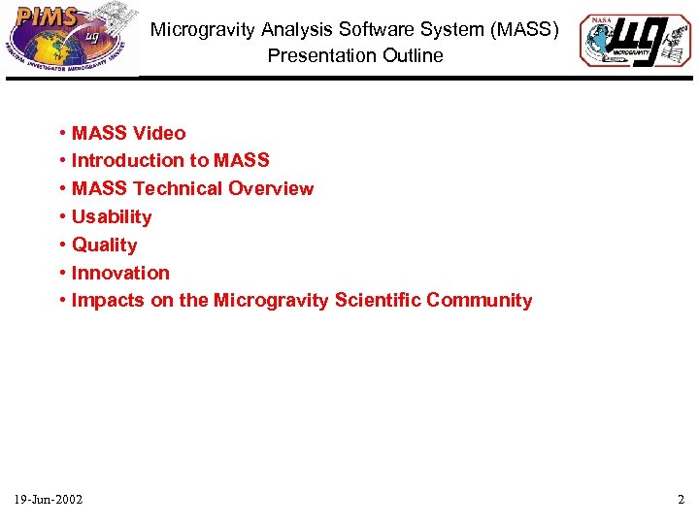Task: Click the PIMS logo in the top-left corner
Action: click(70, 40)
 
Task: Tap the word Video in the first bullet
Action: click(158, 133)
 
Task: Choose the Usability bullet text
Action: click(112, 216)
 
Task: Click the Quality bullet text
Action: click(104, 245)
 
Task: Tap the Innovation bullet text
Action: click(120, 273)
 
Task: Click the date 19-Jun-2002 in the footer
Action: click(49, 500)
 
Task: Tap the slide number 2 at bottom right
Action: click(681, 500)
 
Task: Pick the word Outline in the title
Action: click(411, 55)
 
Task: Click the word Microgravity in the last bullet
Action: click(271, 300)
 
